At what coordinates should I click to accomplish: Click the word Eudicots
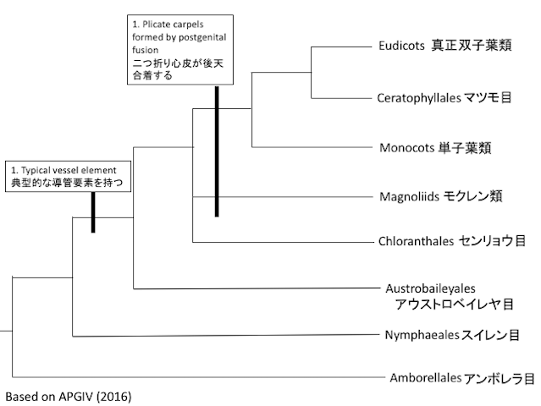tap(401, 47)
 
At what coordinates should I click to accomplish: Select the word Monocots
tap(408, 147)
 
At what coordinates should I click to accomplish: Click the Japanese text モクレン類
tap(473, 196)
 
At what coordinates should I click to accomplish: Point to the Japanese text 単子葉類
tap(465, 147)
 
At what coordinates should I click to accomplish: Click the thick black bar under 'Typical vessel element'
tap(93, 211)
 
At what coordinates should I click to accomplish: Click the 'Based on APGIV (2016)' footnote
tap(69, 395)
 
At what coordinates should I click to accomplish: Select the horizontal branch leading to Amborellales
tap(195, 377)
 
